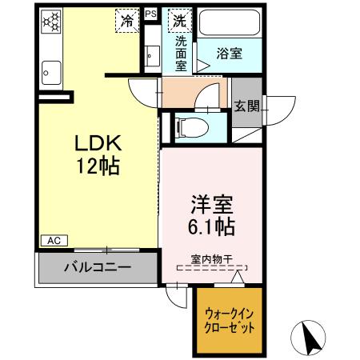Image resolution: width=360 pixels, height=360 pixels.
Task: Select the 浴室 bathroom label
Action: click(x=230, y=54)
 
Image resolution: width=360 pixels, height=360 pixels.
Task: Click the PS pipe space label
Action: click(x=150, y=14)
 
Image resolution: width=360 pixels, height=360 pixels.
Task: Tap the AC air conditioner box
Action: click(x=54, y=240)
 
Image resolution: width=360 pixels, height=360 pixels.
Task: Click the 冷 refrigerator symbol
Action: click(x=126, y=19)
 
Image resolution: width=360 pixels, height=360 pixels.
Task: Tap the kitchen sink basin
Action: click(x=50, y=73)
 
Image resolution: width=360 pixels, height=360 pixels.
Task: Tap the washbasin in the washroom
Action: click(x=152, y=56)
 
